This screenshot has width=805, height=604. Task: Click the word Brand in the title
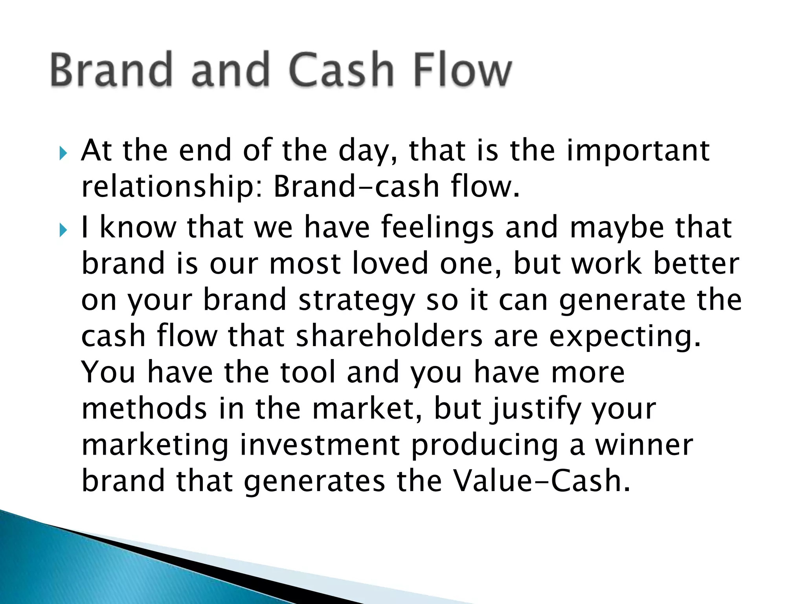point(111,70)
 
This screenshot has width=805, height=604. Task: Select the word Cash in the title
point(341,70)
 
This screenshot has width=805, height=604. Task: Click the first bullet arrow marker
point(63,153)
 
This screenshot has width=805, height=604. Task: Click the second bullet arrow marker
point(63,230)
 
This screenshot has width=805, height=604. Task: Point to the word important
point(638,151)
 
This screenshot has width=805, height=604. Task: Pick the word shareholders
point(389,336)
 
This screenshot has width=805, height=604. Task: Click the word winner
point(643,445)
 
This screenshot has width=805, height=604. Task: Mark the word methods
point(144,409)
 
